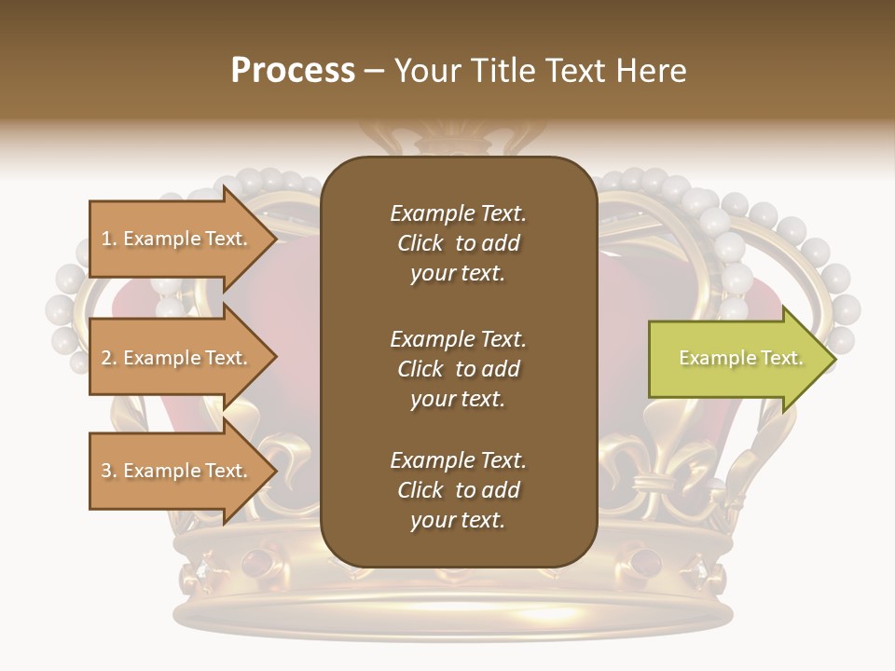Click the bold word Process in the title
coord(293,71)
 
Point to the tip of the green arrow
coord(834,359)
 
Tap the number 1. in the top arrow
coord(109,240)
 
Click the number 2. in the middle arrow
coord(109,359)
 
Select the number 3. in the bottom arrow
coord(109,472)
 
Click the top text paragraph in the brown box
coord(458,243)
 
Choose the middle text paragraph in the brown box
coord(458,369)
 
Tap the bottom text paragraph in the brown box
coord(458,490)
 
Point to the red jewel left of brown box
coord(254,562)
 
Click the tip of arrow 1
coord(275,240)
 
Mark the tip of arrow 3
coord(275,471)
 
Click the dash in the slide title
coord(374,72)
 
